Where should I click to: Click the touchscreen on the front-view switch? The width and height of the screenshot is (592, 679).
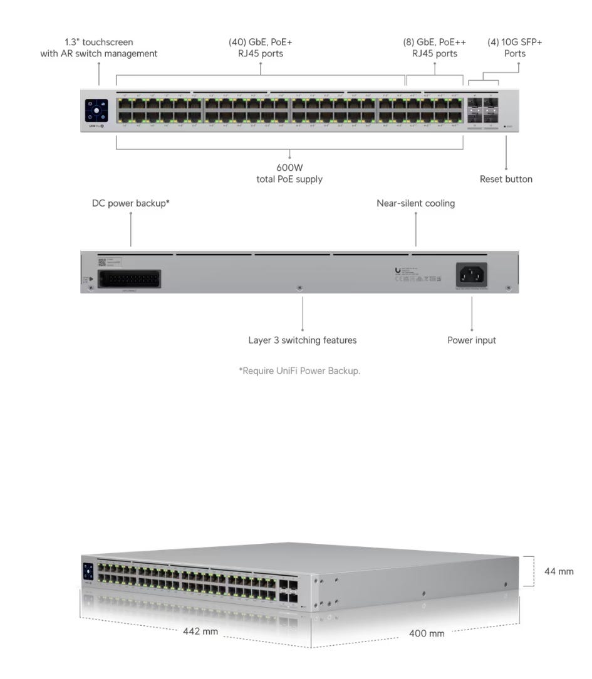click(96, 110)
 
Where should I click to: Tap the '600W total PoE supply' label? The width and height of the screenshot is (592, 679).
click(290, 173)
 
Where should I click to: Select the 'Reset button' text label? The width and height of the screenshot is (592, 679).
click(506, 179)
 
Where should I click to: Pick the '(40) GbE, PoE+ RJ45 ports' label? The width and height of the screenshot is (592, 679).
click(261, 48)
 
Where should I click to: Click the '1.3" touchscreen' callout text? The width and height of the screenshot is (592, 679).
click(99, 48)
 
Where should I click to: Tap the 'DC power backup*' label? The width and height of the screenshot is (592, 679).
click(131, 203)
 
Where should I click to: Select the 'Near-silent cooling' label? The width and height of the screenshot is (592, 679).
click(415, 203)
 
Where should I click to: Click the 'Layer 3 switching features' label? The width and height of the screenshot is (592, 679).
click(303, 340)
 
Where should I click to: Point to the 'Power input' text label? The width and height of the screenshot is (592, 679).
click(471, 340)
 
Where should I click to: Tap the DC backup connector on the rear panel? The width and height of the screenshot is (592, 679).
click(130, 279)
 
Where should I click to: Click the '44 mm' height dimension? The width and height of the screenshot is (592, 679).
click(559, 571)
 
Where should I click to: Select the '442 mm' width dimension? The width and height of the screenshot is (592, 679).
click(200, 631)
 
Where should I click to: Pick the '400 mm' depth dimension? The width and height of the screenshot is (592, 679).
click(427, 633)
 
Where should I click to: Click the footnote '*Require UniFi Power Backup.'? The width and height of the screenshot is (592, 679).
click(299, 370)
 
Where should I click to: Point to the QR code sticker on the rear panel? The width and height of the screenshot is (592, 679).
click(102, 263)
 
